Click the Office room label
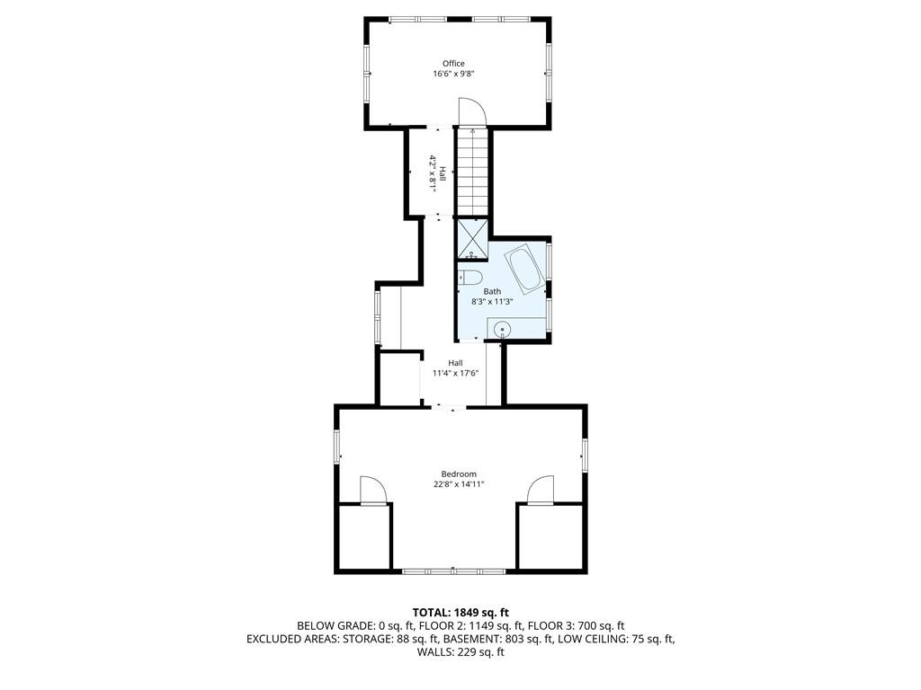click(x=453, y=64)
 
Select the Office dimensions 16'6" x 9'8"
click(x=453, y=74)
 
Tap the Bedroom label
click(x=459, y=474)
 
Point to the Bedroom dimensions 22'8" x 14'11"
click(x=459, y=484)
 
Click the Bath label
click(x=492, y=292)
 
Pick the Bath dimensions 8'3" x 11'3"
click(x=492, y=302)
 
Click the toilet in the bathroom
click(x=469, y=278)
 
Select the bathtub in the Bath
click(x=526, y=270)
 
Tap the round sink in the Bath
click(x=502, y=330)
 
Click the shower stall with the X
click(x=472, y=239)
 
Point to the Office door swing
click(x=471, y=111)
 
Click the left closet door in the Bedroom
click(x=372, y=490)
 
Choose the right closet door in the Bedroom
click(x=541, y=490)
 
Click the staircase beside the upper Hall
click(x=472, y=172)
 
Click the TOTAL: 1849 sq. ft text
click(x=460, y=613)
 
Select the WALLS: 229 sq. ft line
click(x=460, y=652)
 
